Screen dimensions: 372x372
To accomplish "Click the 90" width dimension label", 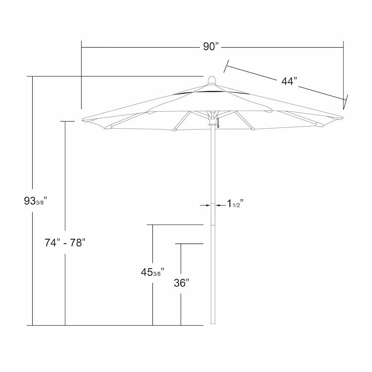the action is point(211,47).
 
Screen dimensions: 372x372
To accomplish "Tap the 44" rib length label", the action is point(289,81).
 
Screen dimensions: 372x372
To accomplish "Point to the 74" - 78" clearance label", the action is point(65,243).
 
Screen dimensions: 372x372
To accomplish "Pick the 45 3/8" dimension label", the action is point(153,272).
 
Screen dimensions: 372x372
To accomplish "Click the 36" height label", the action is point(182,283).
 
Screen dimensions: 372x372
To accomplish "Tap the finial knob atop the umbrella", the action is point(212,80).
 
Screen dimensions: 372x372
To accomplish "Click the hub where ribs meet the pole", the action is point(212,118).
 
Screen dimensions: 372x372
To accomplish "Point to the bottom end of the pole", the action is point(213,324).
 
